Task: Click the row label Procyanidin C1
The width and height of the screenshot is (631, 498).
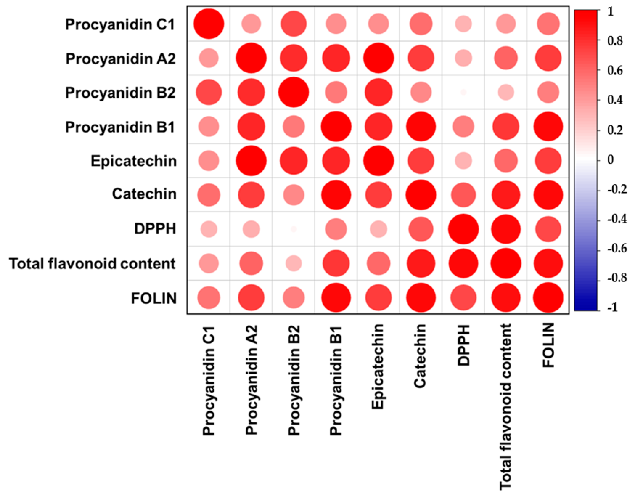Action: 120,24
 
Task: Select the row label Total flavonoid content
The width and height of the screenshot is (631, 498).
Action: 92,264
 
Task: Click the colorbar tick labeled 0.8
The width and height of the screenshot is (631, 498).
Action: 615,41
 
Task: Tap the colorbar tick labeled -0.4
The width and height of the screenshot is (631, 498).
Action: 617,219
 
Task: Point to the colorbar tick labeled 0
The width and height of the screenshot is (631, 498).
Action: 610,160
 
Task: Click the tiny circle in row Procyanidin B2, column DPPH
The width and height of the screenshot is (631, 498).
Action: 463,92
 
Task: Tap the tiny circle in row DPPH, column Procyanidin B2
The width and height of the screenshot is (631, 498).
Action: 294,229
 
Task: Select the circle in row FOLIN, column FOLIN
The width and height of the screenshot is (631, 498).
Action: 548,298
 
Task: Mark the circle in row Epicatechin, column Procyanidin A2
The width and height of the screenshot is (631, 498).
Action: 251,161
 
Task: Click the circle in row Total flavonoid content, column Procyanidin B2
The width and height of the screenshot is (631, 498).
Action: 294,263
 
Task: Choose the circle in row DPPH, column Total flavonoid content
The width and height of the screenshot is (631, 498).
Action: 506,229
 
